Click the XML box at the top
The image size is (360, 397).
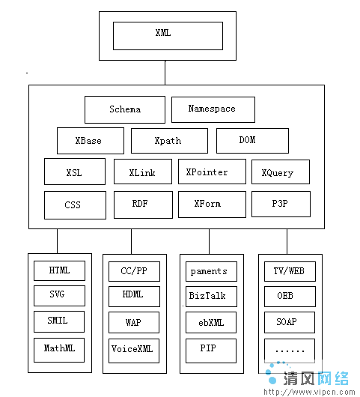[x=168, y=34]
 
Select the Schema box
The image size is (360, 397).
[x=124, y=109]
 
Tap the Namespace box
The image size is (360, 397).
[x=213, y=109]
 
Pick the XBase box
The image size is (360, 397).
[x=89, y=141]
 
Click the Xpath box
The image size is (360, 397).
[x=168, y=141]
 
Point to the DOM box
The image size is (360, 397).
[x=247, y=140]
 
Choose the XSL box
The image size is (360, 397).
[x=74, y=172]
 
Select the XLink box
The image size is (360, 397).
[x=142, y=172]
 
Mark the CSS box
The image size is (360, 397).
[x=74, y=204]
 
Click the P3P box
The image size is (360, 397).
[x=280, y=204]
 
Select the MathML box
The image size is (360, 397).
[x=59, y=349]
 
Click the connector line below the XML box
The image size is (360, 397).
[x=165, y=73]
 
